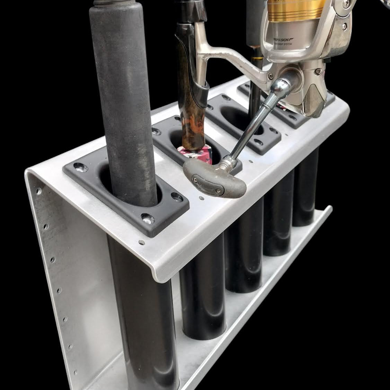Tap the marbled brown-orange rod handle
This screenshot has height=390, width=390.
tap(189, 128)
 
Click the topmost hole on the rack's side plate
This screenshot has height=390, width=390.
tap(37, 190)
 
